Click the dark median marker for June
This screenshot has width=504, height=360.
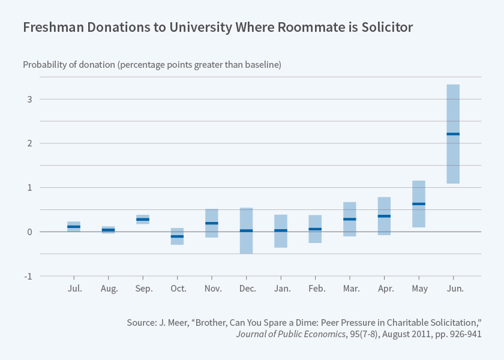click(x=453, y=134)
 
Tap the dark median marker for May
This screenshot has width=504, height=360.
click(x=419, y=204)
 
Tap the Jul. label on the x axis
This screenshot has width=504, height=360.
click(x=74, y=289)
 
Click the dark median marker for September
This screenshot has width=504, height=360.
click(x=143, y=220)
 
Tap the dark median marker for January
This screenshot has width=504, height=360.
click(x=281, y=230)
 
